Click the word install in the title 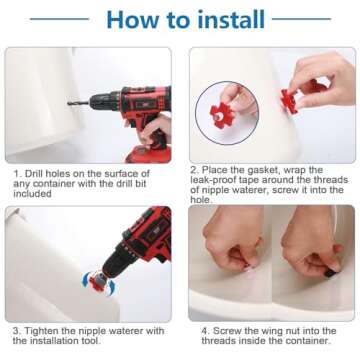pos(231,19)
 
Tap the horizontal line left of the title pos(59,19)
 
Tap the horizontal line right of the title pos(301,19)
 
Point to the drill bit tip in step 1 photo pos(68,104)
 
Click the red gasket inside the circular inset pos(222,116)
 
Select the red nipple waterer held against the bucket pos(289,101)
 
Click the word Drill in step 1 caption pos(34,174)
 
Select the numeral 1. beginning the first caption pos(18,174)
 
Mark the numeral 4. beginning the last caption pos(206,331)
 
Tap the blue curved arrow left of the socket pos(86,280)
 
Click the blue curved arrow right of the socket pos(111,287)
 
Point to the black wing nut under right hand pos(331,273)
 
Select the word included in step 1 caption pos(32,194)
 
